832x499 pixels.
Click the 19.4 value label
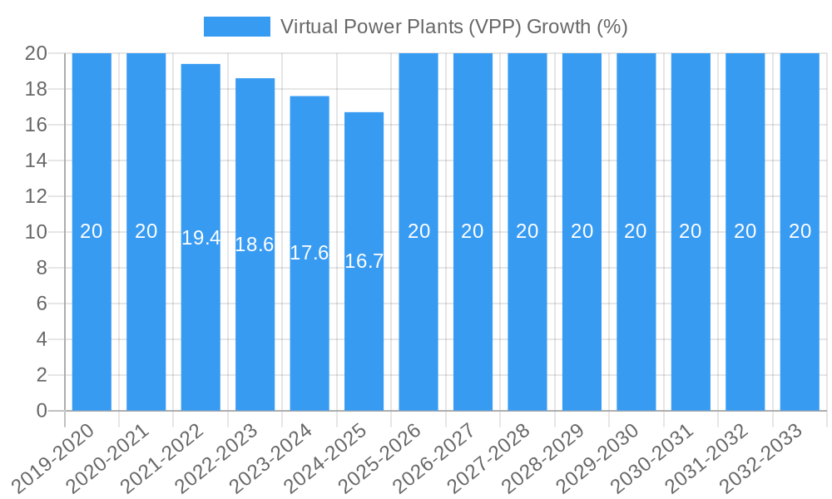click(201, 238)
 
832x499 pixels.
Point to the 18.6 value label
click(255, 245)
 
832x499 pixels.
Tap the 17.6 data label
click(310, 253)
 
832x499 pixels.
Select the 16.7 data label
click(364, 261)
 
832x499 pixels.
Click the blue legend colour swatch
click(237, 27)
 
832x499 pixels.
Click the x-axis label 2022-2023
click(224, 457)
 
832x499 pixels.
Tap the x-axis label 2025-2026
click(388, 457)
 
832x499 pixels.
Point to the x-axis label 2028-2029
click(552, 457)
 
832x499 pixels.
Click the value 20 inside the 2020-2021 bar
click(146, 231)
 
